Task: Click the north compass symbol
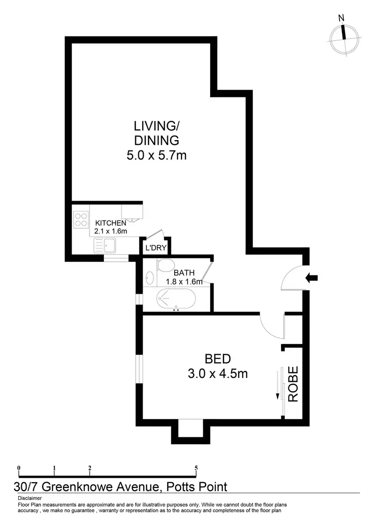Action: [x=343, y=39]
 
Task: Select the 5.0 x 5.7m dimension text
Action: [x=156, y=156]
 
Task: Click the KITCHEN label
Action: [x=111, y=223]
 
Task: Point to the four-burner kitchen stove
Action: [x=81, y=219]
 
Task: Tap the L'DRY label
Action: [x=155, y=248]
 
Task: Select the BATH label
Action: [x=184, y=273]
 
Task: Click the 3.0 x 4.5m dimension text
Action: [x=217, y=374]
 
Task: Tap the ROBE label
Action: [x=293, y=385]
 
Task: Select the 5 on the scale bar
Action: [x=196, y=468]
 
